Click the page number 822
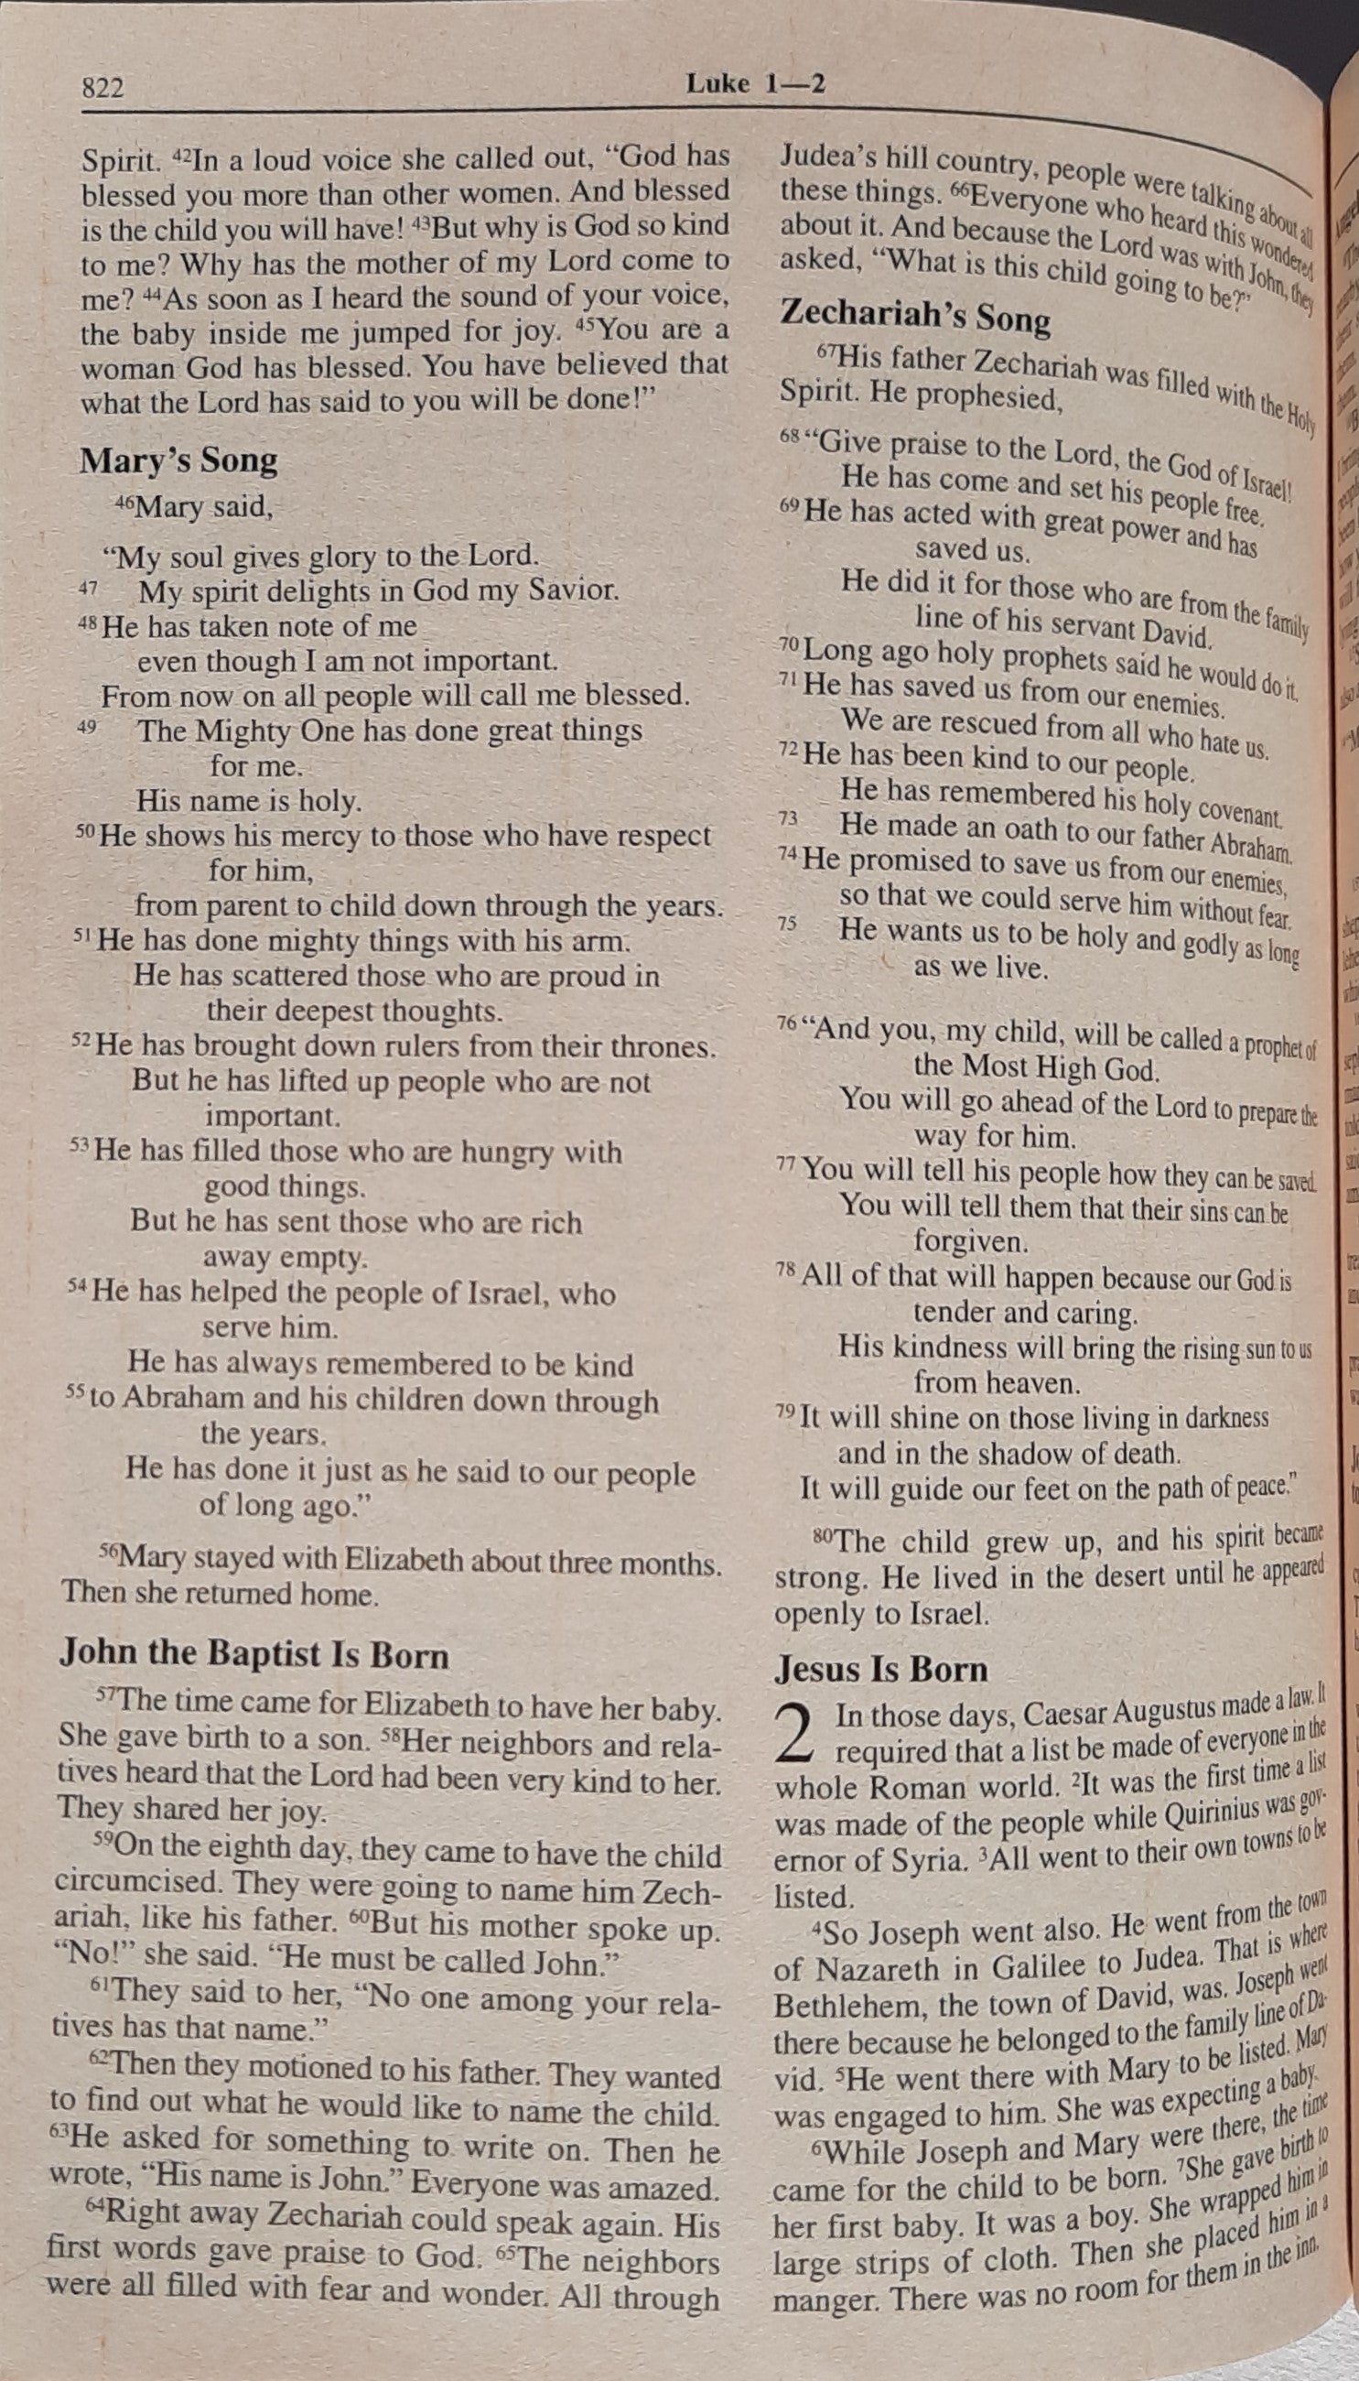pyautogui.click(x=102, y=89)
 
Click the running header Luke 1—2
pyautogui.click(x=755, y=84)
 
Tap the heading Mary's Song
pyautogui.click(x=178, y=460)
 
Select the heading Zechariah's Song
pyautogui.click(x=915, y=315)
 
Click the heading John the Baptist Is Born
pyautogui.click(x=253, y=1653)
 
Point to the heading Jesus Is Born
pyautogui.click(x=880, y=1668)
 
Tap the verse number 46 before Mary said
pyautogui.click(x=124, y=503)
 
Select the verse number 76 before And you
pyautogui.click(x=787, y=1023)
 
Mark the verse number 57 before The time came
pyautogui.click(x=105, y=1693)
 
